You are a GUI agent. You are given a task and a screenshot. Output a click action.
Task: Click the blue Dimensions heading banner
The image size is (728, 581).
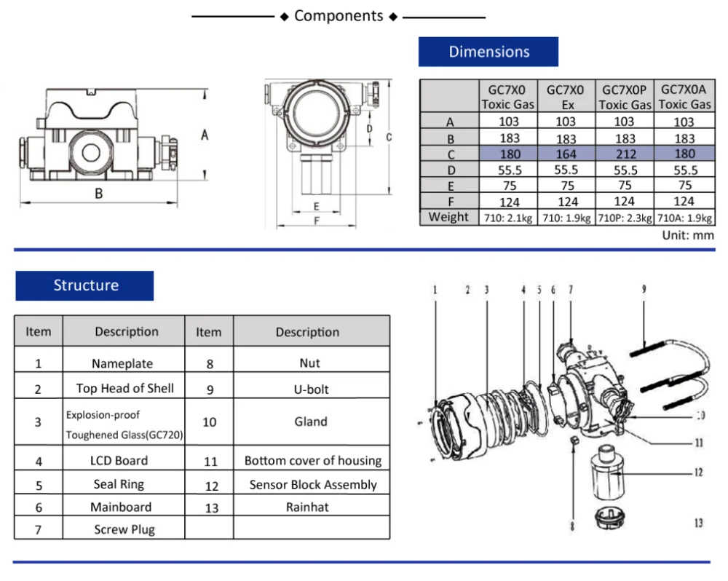click(x=488, y=52)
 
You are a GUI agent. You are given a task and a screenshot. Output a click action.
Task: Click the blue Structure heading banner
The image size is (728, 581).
click(x=85, y=285)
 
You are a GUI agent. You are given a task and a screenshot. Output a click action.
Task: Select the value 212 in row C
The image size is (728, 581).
click(x=625, y=154)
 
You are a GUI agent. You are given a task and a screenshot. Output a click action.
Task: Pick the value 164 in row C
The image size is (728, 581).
click(x=566, y=154)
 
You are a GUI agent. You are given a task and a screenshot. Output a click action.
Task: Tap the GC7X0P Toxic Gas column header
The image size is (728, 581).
click(x=625, y=97)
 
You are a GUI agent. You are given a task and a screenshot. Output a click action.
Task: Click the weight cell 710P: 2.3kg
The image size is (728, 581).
click(x=625, y=217)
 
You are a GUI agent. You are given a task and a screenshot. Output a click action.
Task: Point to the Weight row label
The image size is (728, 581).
click(x=448, y=217)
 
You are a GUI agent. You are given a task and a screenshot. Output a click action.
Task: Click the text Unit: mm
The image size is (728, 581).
click(x=688, y=235)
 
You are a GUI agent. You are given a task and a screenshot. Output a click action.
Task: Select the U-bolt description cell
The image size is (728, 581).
click(x=311, y=389)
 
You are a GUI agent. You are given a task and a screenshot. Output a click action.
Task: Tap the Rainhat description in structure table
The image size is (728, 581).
click(x=311, y=507)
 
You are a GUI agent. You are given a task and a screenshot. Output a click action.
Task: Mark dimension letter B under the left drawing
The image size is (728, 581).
click(x=99, y=193)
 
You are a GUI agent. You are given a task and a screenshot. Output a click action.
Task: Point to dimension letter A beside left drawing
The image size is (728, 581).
click(x=205, y=135)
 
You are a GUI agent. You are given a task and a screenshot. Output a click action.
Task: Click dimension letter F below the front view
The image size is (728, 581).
click(x=317, y=221)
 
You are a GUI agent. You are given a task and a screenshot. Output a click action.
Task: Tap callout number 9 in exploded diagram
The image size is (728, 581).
click(x=644, y=289)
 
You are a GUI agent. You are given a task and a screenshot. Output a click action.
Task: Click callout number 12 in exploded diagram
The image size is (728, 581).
click(x=698, y=473)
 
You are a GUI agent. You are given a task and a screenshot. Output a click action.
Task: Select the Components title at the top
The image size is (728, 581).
click(x=339, y=16)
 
